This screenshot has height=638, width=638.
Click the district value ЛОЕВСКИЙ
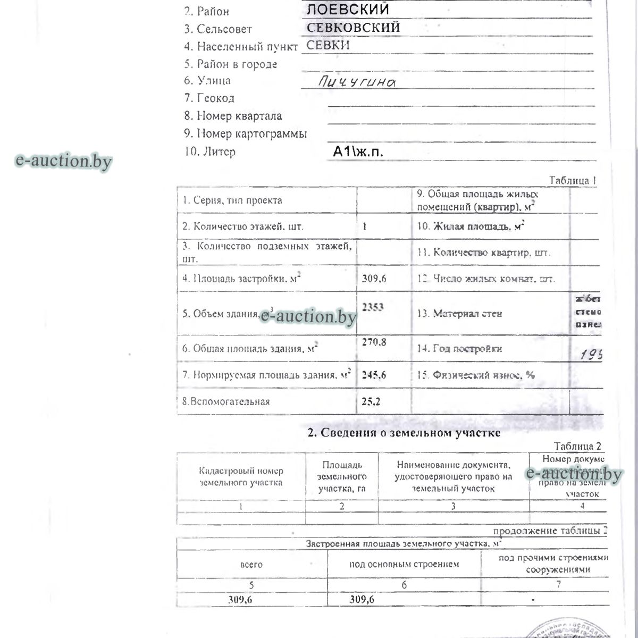[x=348, y=10]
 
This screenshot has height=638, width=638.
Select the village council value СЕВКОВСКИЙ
[x=354, y=28]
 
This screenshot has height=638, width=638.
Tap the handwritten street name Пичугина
[x=357, y=81]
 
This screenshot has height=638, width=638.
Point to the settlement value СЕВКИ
[x=328, y=46]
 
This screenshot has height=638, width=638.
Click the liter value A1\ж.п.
[x=358, y=152]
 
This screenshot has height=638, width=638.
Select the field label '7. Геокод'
[x=209, y=98]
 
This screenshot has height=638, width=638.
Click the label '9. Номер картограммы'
[x=246, y=134]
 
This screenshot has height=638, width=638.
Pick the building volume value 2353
[x=373, y=307]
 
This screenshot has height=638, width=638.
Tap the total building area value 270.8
[x=374, y=342]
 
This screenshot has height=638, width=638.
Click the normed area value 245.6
[x=374, y=375]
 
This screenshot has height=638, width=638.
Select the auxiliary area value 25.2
[x=371, y=401]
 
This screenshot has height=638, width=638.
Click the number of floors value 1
[x=365, y=226]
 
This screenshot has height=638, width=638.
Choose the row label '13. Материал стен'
[x=459, y=314]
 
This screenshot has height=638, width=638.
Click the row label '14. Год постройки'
[x=459, y=349]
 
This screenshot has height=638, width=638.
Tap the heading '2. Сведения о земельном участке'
[x=404, y=433]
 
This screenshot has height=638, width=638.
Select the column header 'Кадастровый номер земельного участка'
[x=241, y=477]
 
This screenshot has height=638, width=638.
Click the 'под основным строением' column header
[x=404, y=564]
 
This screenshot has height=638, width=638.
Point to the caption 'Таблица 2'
[x=577, y=447]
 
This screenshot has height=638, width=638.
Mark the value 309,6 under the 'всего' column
[x=240, y=600]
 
